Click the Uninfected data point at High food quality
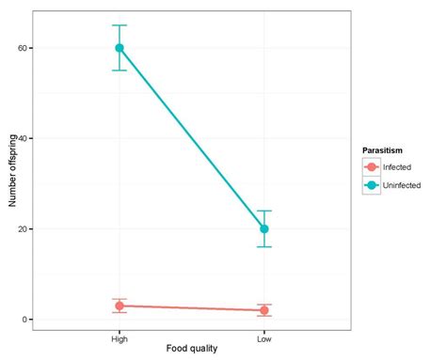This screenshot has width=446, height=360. pos(119,48)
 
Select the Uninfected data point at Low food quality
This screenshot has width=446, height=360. pos(264,228)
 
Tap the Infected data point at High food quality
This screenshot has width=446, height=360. pos(119,305)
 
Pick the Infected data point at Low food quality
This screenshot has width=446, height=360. pos(264,310)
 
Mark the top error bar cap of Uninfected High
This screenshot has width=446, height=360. pos(119,25)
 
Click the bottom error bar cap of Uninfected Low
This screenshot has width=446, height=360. pos(264,246)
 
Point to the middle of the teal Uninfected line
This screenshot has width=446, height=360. pos(192,138)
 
